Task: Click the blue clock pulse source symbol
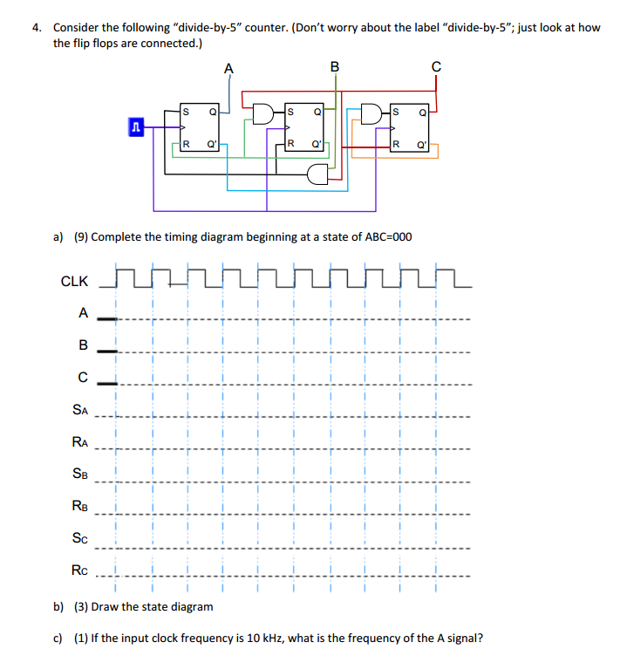click(x=136, y=127)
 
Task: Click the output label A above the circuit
click(x=228, y=68)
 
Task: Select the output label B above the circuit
click(x=335, y=66)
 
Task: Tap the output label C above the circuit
click(x=436, y=66)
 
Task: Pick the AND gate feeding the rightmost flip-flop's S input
click(x=371, y=113)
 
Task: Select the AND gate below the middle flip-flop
click(x=317, y=174)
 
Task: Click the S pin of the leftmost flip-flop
click(x=186, y=112)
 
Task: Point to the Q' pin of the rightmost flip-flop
click(x=422, y=145)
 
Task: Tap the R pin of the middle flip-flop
click(x=290, y=144)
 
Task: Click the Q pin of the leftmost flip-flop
click(x=213, y=112)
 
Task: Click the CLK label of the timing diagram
click(x=74, y=282)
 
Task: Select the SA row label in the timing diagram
click(x=80, y=409)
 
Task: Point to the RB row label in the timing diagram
click(x=80, y=505)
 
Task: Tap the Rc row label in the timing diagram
click(x=79, y=570)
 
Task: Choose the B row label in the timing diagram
click(x=83, y=345)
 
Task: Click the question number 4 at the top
click(x=37, y=28)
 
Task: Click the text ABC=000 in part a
click(x=388, y=237)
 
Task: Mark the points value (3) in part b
click(x=81, y=607)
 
